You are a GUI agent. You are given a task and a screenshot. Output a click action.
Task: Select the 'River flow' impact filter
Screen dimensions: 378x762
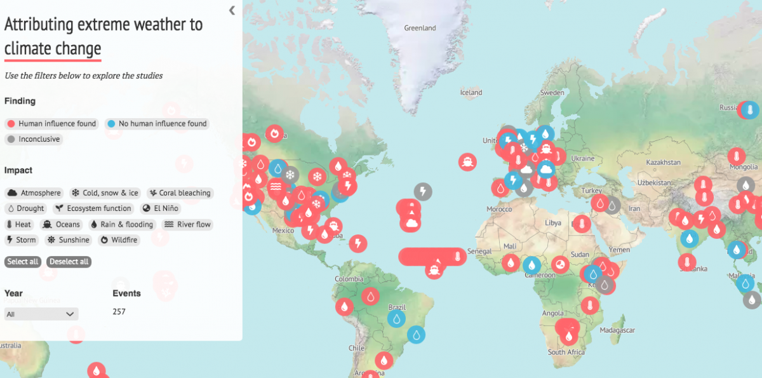point(187,224)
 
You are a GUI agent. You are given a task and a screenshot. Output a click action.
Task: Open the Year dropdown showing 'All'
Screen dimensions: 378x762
point(41,314)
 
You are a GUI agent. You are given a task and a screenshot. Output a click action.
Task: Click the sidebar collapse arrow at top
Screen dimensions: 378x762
point(232,10)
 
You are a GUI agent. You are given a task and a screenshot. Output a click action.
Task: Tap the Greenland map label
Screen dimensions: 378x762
point(420,28)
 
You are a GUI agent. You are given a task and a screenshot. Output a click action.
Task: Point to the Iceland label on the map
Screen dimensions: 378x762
point(471,93)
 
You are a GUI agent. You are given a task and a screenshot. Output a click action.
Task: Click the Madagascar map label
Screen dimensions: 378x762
point(617,330)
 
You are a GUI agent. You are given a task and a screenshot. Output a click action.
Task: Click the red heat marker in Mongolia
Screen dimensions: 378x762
point(737,156)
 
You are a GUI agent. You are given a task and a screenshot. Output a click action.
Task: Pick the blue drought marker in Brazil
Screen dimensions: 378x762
point(397,318)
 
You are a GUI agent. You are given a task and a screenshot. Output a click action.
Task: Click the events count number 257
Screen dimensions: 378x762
point(119,311)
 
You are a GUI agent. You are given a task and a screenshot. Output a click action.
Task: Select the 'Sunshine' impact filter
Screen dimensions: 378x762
point(69,240)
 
